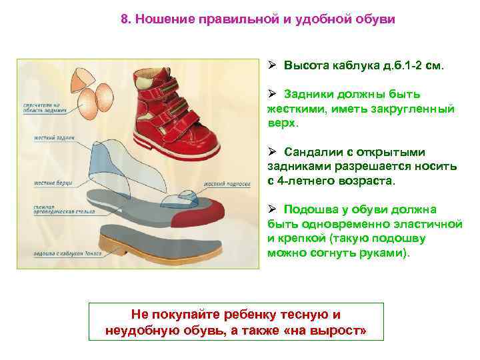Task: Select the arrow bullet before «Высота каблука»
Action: point(272,67)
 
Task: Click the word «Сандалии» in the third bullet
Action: point(311,152)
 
